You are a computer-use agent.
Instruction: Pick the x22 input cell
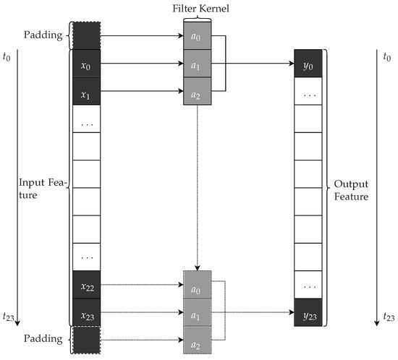tap(85, 286)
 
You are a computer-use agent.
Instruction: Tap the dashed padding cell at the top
tap(85, 35)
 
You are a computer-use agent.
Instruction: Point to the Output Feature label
tap(355, 189)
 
